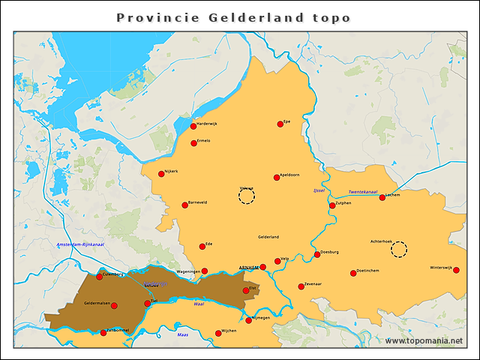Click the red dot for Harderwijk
pos(193,126)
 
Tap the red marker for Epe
pos(280,124)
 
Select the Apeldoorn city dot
pos(277,178)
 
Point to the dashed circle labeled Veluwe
pos(246,196)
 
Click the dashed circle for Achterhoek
pos(399,249)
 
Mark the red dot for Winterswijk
pos(456,270)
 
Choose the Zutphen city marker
pos(332,205)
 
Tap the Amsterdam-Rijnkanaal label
pos(80,244)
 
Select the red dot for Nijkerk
pos(161,174)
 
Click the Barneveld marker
pos(185,205)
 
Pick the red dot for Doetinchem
pos(353,273)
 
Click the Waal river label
pos(199,304)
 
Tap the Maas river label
pos(182,334)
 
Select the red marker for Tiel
pos(147,304)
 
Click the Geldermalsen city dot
pos(114,305)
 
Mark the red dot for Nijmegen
pos(249,320)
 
